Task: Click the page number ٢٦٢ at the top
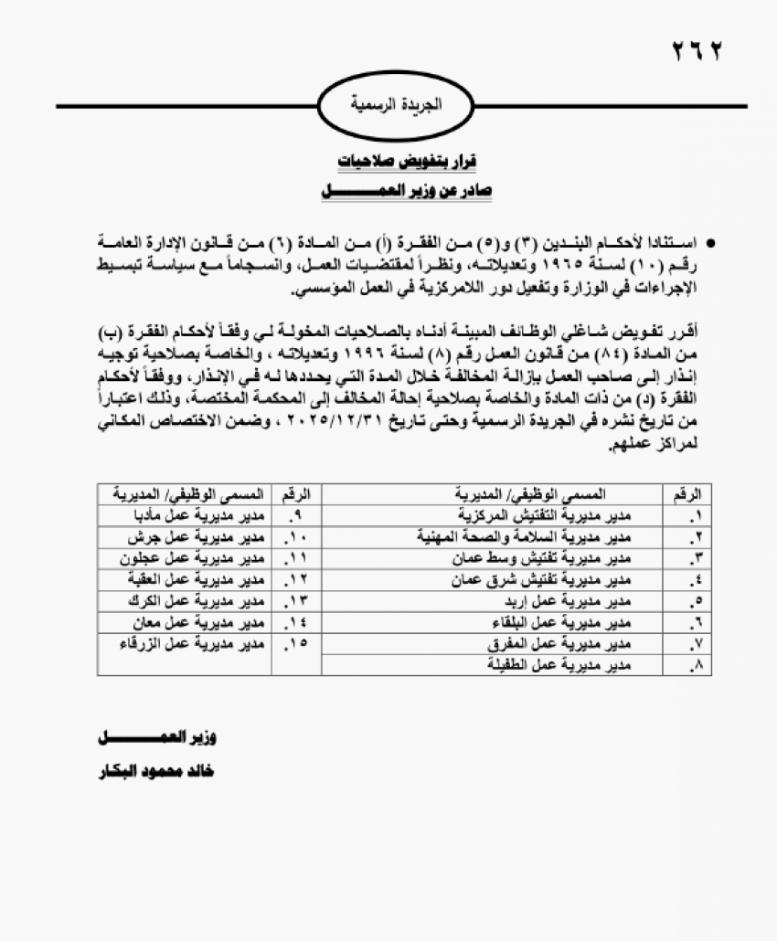click(697, 51)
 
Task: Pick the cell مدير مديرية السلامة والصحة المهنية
click(548, 535)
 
